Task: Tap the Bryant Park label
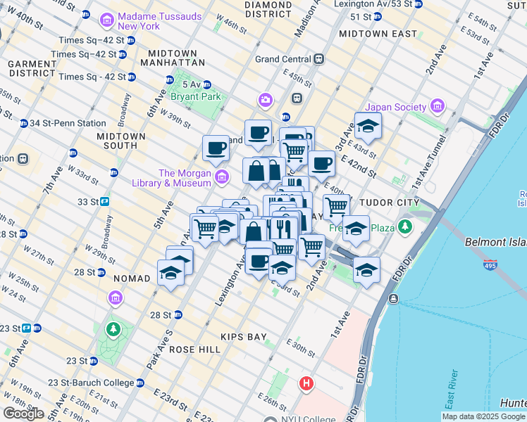(x=195, y=96)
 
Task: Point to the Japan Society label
(x=397, y=107)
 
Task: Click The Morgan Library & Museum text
(x=185, y=179)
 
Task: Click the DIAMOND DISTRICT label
(x=268, y=9)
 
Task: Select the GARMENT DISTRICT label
(x=31, y=68)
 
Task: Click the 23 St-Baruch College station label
(x=90, y=383)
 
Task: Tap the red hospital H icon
(x=306, y=384)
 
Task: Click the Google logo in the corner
(x=23, y=414)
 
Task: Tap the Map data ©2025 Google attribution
(x=483, y=416)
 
